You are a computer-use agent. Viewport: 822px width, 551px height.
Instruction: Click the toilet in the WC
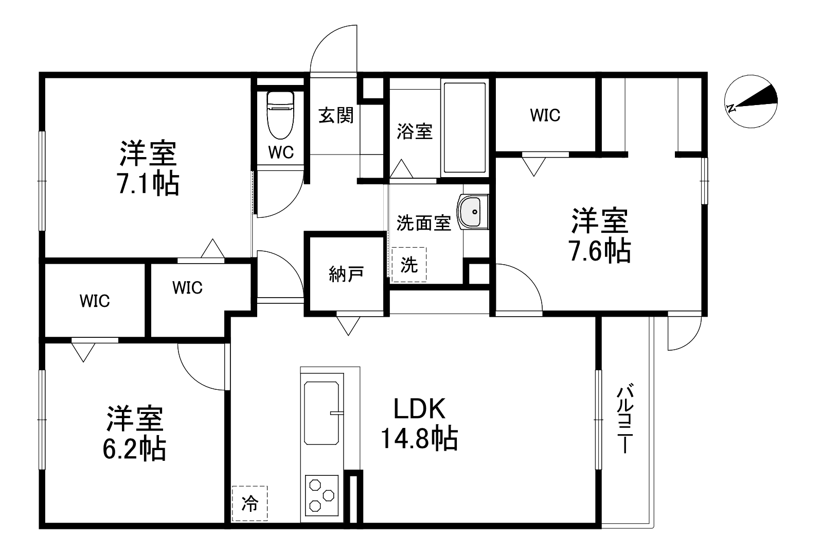280,115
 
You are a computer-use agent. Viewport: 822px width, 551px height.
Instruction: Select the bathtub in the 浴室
464,128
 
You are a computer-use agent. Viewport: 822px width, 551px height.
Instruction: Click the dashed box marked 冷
249,503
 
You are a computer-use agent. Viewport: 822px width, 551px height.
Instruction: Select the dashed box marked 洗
409,265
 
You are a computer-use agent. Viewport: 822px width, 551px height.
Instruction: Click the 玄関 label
336,115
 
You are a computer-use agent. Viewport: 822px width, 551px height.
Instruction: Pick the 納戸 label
346,274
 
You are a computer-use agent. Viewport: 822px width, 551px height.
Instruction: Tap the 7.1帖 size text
149,183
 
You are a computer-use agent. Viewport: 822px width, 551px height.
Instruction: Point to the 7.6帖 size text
599,251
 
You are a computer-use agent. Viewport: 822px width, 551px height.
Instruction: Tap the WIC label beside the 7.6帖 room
545,115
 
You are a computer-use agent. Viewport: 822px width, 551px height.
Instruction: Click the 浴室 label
414,131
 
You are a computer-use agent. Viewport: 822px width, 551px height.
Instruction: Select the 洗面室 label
423,223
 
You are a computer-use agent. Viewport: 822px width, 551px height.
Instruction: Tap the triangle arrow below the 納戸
348,325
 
